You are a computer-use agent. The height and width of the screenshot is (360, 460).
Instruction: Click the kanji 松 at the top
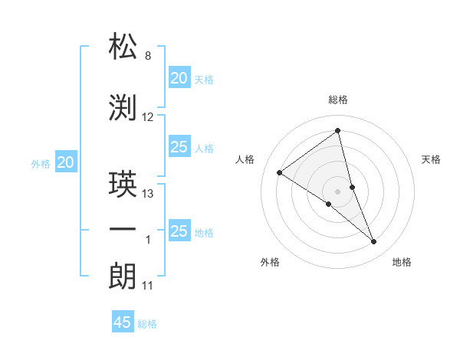[x=123, y=47]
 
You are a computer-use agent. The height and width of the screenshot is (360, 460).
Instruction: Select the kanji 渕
[x=123, y=108]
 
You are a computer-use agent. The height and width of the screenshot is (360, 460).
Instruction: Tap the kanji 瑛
[x=123, y=185]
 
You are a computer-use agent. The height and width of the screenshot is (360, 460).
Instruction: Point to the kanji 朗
[x=123, y=277]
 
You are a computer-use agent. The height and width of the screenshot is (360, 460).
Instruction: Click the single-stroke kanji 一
[x=123, y=230]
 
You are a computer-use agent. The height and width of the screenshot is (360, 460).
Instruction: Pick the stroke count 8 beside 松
[x=147, y=56]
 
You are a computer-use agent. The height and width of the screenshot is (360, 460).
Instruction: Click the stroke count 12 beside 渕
[x=148, y=117]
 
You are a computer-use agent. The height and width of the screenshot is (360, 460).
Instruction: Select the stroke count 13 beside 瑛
[x=148, y=194]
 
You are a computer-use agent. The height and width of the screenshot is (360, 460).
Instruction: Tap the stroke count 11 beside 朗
[x=147, y=286]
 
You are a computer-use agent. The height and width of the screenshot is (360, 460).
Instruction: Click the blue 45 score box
[x=123, y=322]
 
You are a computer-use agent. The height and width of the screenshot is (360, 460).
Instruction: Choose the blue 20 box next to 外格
[x=66, y=162]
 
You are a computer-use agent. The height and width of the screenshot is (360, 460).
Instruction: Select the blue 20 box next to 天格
[x=179, y=77]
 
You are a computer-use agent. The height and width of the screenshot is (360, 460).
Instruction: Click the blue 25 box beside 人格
[x=179, y=147]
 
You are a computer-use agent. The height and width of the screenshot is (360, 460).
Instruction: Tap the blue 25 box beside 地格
[x=179, y=231]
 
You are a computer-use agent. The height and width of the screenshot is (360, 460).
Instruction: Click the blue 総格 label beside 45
[x=147, y=324]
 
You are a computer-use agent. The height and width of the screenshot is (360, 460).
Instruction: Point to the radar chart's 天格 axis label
[x=431, y=159]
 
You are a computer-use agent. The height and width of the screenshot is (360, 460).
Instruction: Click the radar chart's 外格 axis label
[x=270, y=262]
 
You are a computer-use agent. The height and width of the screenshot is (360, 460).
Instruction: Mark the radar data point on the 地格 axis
[x=374, y=242]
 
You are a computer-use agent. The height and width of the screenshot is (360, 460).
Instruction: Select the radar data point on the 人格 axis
[x=280, y=172]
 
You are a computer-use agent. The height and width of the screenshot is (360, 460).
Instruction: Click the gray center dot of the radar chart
[x=337, y=191]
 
